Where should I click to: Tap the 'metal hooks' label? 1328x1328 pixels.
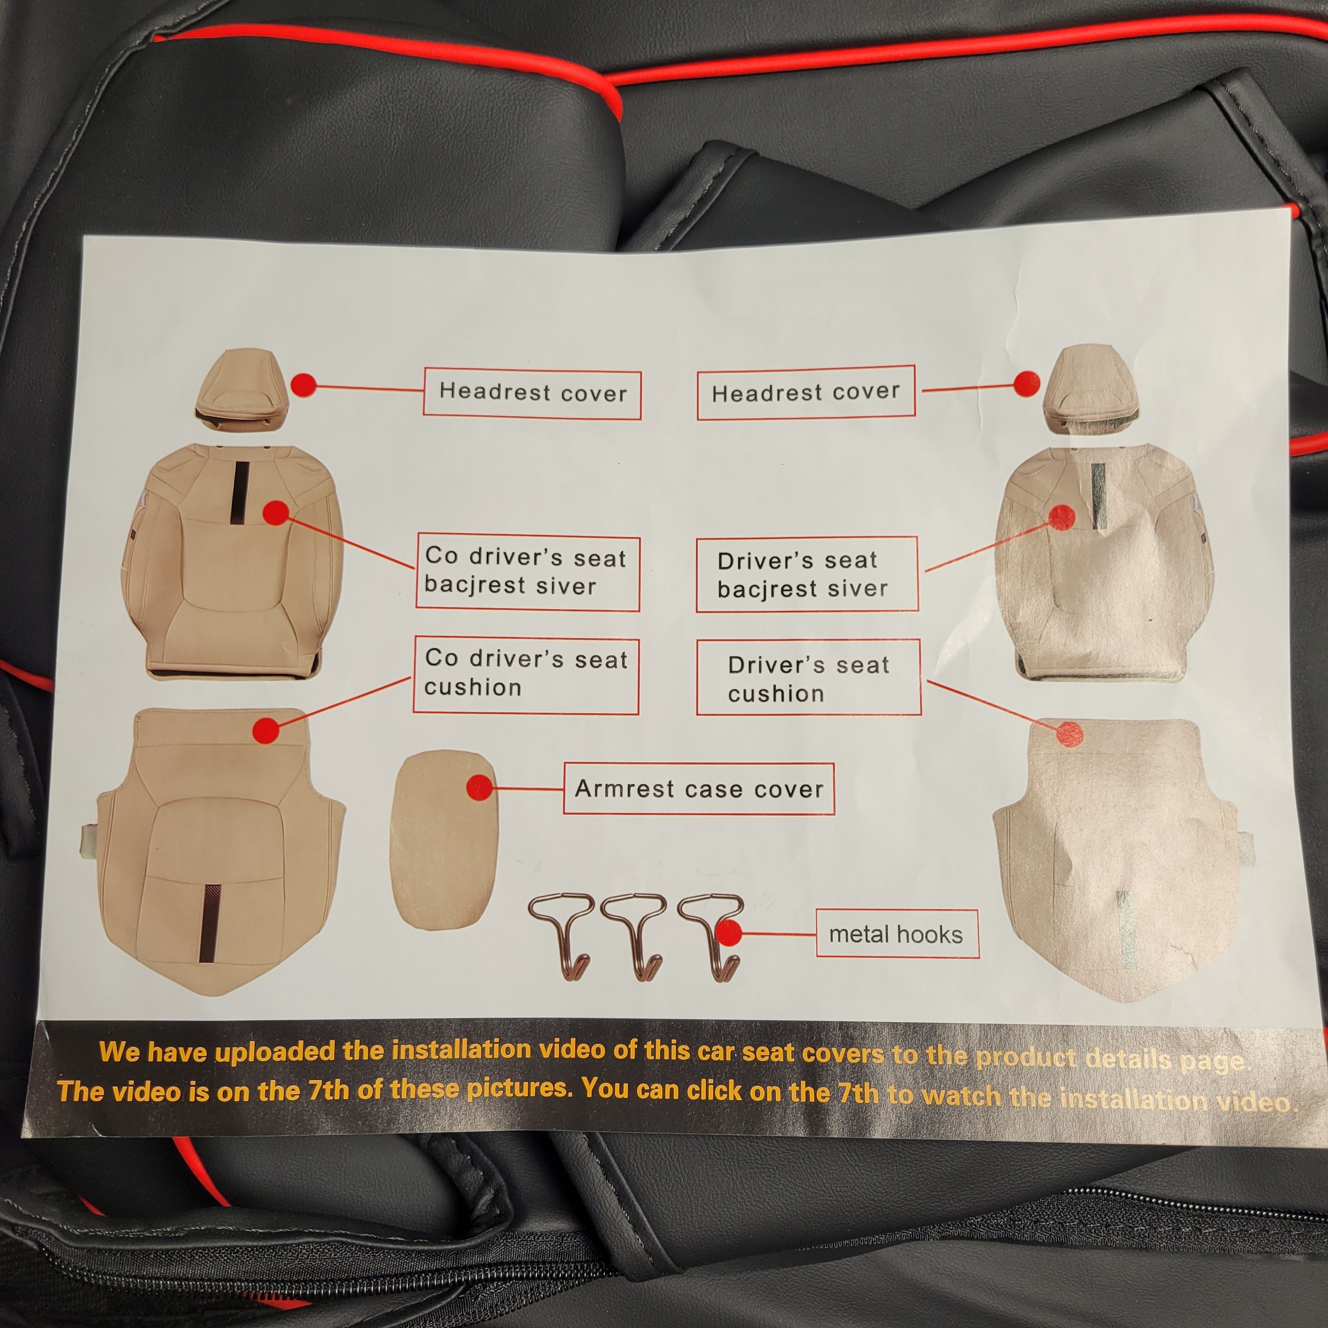(897, 934)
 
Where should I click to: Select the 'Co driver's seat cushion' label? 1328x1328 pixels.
(526, 676)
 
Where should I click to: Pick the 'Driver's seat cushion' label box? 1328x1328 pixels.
(808, 678)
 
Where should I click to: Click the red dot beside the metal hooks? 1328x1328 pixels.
(729, 934)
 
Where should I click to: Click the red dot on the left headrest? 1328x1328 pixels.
(303, 385)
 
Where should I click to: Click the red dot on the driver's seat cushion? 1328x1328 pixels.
(1069, 734)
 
